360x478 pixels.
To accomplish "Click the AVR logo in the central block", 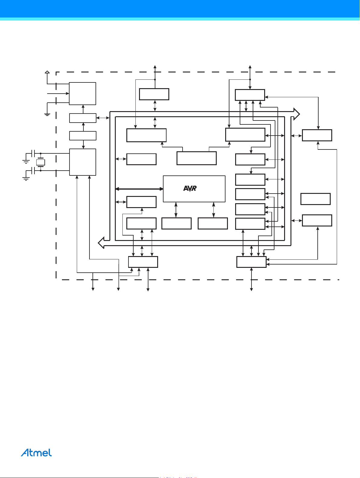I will coord(190,188).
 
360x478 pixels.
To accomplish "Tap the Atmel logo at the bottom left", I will coord(36,453).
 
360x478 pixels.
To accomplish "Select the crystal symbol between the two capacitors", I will coord(41,162).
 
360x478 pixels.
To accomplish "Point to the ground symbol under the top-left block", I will coord(47,114).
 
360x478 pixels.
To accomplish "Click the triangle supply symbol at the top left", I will coord(47,72).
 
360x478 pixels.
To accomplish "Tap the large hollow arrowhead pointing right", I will coord(297,114).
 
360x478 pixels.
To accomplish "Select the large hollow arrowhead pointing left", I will coord(101,242).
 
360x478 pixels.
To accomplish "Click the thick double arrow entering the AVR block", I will coord(139,189).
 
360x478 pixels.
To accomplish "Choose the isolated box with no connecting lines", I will coord(315,199).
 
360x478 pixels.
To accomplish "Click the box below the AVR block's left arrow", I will coord(176,223).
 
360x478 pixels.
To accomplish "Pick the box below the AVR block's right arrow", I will coord(212,223).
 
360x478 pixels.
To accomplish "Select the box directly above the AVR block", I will coord(196,158).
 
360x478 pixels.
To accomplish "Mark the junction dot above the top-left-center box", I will coord(155,79).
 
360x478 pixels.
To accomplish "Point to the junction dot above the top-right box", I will coord(250,79).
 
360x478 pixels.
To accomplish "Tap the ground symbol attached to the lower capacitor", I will coord(26,178).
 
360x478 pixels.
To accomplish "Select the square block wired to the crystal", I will coord(83,162).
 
